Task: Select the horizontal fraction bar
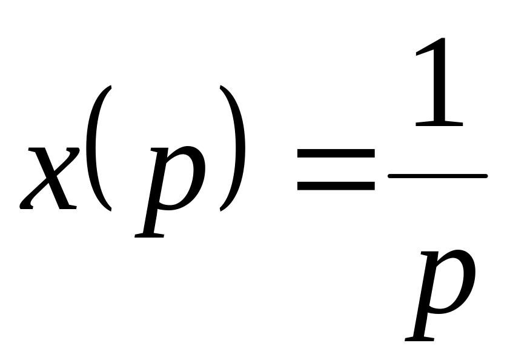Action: pos(437,176)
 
